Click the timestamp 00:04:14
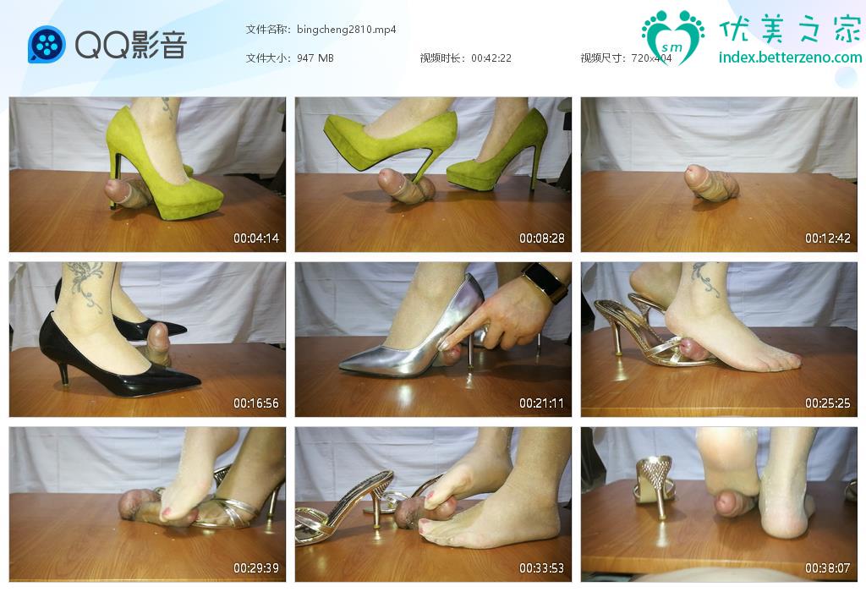[255, 238]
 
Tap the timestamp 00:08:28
[542, 238]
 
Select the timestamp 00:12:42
[827, 238]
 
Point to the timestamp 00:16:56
[255, 403]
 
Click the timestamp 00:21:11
[542, 403]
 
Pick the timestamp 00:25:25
[827, 403]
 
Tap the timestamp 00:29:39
[255, 567]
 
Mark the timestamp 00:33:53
[542, 567]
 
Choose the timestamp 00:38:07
[827, 567]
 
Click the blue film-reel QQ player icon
[47, 45]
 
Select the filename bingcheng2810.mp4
[346, 30]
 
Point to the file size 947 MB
[315, 58]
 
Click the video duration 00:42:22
[491, 58]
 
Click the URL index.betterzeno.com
[791, 58]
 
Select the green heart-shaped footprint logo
[672, 36]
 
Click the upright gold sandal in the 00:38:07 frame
[655, 480]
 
